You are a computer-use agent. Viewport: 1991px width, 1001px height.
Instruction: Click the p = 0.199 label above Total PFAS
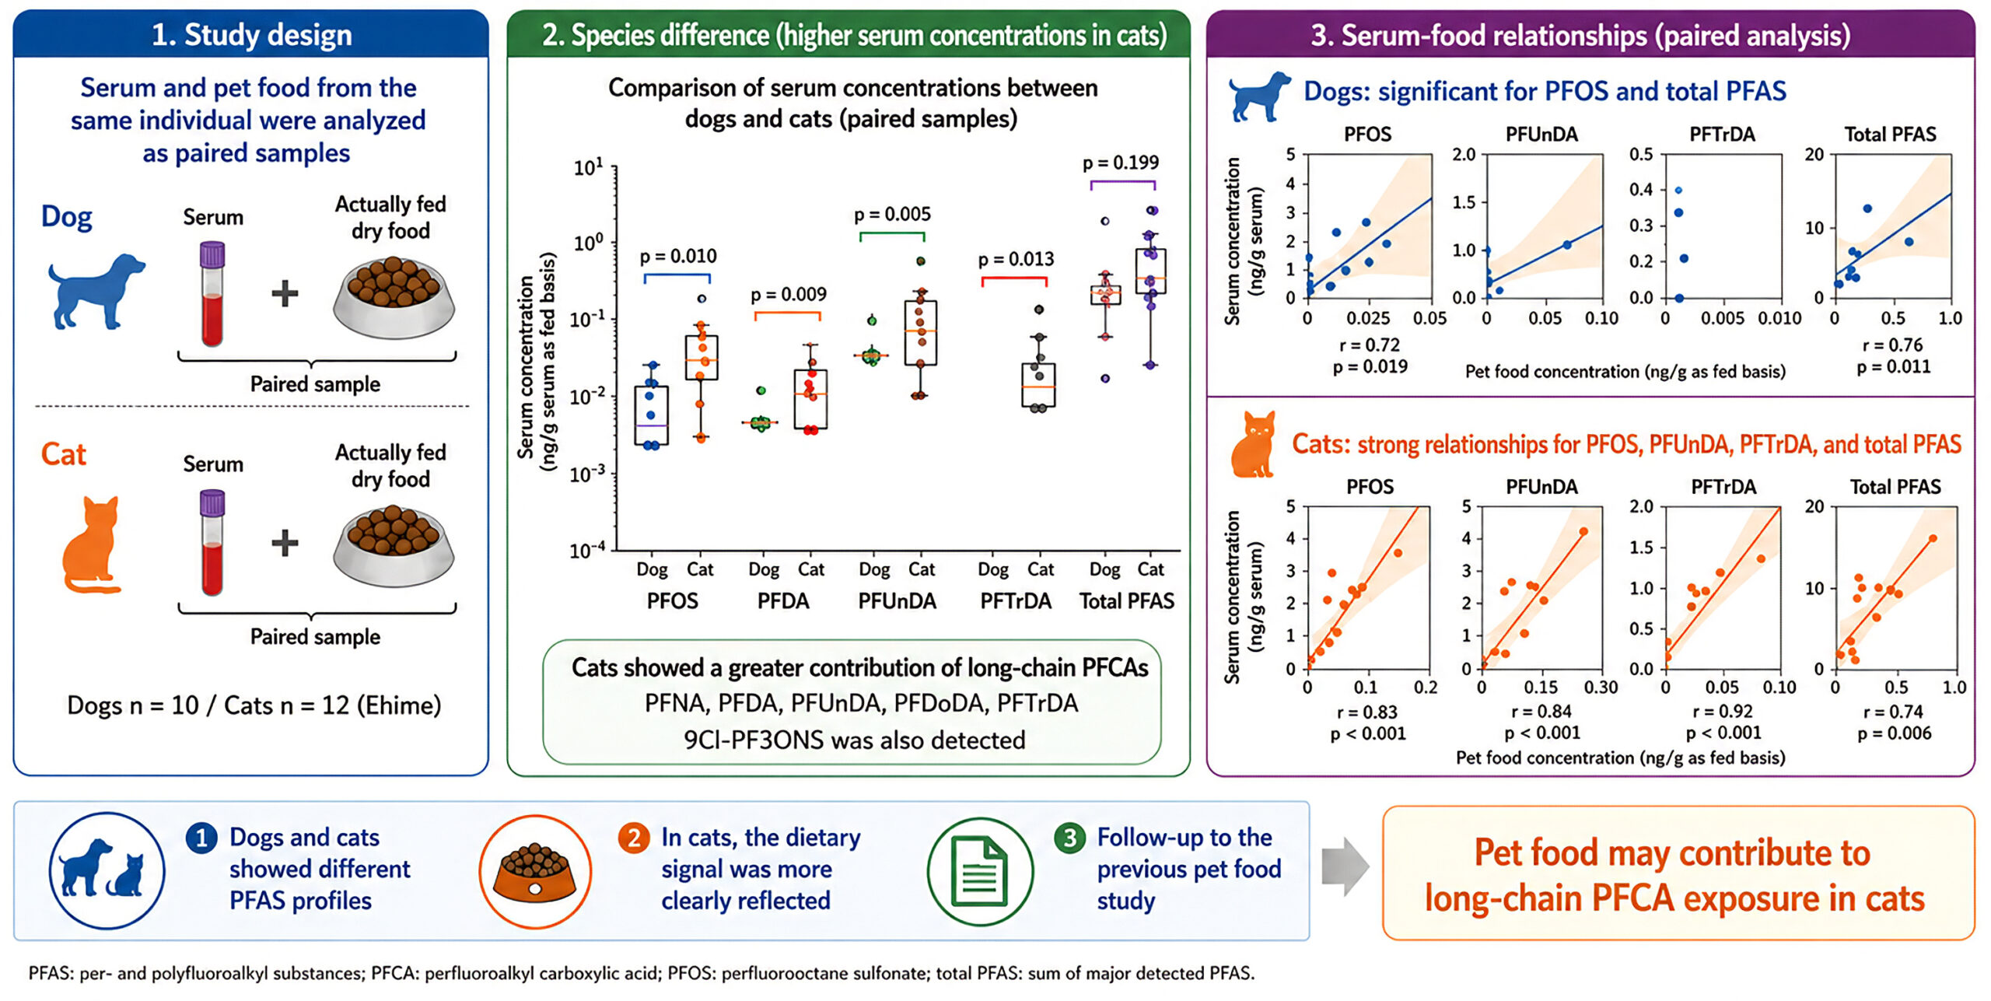click(x=1121, y=163)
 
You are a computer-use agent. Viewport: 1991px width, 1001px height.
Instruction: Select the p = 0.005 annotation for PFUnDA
click(x=892, y=215)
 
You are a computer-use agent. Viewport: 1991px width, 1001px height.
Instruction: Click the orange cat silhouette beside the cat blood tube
click(x=92, y=544)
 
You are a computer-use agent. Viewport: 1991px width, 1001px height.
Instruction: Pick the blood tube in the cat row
click(x=212, y=542)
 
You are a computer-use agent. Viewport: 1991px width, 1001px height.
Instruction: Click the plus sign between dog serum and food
click(x=285, y=294)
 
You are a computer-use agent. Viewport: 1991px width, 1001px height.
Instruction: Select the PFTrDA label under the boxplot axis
click(x=1016, y=601)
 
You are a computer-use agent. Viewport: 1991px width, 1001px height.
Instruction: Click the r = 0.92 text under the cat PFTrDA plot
click(x=1723, y=712)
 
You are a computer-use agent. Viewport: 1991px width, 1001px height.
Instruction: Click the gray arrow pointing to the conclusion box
click(x=1345, y=866)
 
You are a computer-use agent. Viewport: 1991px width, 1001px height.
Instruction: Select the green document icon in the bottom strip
click(x=980, y=872)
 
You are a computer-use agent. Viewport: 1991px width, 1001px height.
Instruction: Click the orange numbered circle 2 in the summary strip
click(x=634, y=838)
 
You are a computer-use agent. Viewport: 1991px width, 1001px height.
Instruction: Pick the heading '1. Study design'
click(x=251, y=35)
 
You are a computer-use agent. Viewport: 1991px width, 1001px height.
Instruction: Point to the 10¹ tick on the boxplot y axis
click(x=589, y=167)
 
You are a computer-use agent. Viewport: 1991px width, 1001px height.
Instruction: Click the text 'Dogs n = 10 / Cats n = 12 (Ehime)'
click(x=254, y=705)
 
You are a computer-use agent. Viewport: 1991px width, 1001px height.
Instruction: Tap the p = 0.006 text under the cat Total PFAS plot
click(x=1895, y=733)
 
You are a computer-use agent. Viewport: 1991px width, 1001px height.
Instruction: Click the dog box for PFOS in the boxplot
click(x=651, y=415)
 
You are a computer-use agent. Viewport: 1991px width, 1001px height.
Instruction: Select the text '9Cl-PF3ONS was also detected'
click(x=855, y=740)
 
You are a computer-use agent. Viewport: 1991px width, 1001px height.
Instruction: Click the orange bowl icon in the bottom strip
click(x=535, y=872)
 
